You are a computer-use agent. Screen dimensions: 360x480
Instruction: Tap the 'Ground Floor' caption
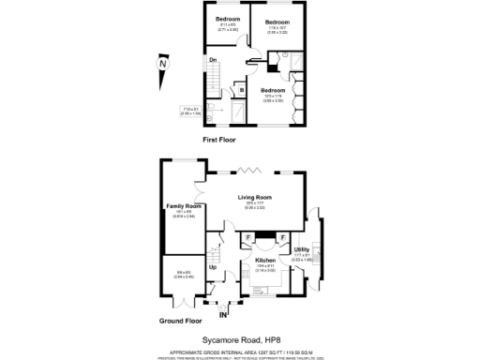182,321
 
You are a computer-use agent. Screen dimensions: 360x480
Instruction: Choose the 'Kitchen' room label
265,260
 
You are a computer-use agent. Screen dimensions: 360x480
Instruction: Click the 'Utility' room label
302,248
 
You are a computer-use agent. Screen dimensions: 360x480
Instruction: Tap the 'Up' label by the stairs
213,267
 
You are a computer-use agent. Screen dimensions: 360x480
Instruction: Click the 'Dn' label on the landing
214,61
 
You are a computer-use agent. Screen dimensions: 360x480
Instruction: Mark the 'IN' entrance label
222,314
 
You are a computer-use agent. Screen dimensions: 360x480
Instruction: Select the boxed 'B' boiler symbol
241,90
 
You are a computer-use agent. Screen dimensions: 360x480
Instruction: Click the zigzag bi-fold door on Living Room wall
250,169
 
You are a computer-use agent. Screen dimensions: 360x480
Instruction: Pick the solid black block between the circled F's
265,236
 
